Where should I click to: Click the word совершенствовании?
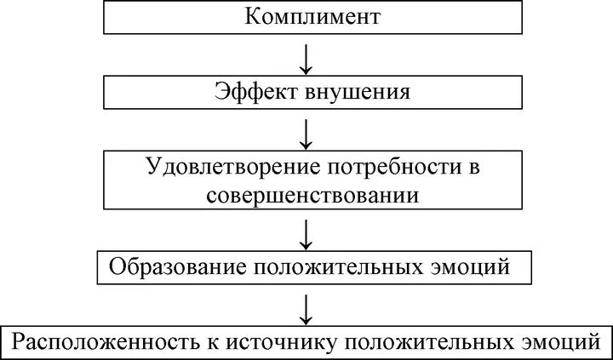pyautogui.click(x=312, y=194)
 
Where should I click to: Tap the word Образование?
pyautogui.click(x=175, y=268)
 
